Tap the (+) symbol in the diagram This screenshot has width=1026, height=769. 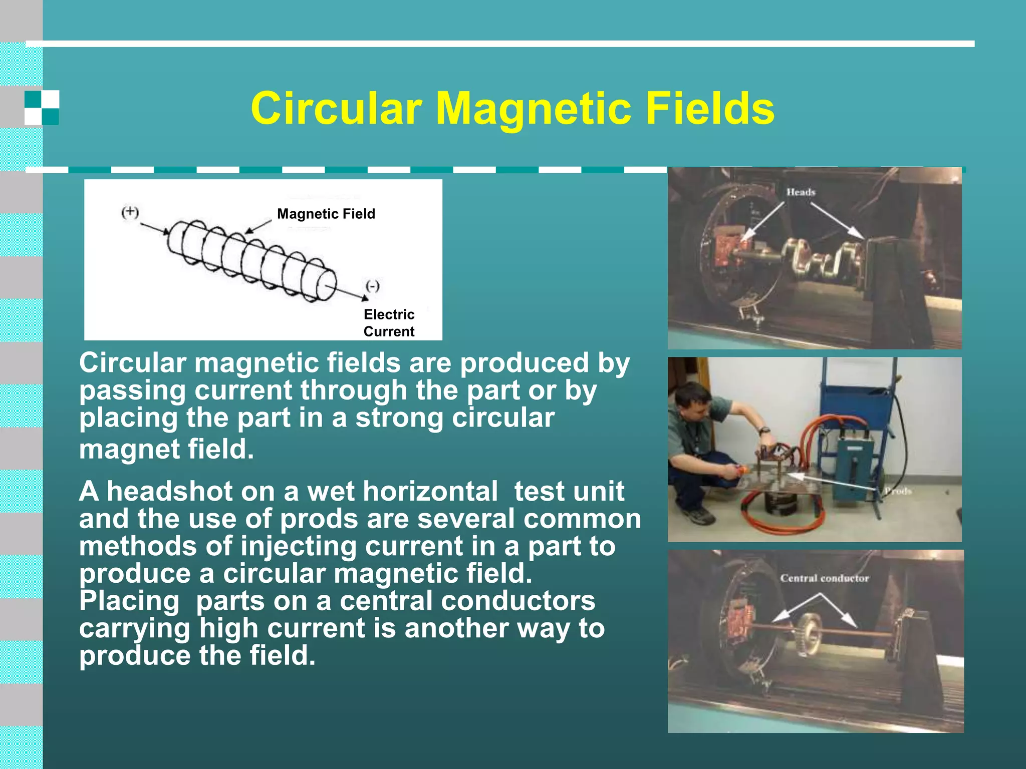click(x=130, y=212)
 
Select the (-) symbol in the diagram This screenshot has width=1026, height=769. click(x=372, y=286)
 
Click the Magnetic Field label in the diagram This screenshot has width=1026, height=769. click(x=326, y=214)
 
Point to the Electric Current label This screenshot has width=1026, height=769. click(x=389, y=323)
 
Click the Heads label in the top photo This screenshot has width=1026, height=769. click(x=801, y=192)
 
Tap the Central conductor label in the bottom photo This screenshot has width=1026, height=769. click(x=824, y=578)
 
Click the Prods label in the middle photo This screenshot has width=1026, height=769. click(x=897, y=491)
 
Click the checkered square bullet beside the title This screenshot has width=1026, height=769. click(x=42, y=108)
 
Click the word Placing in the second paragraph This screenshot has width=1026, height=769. click(x=129, y=601)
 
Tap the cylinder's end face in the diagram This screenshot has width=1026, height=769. click(x=325, y=285)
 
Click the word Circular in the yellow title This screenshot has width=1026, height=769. click(x=336, y=109)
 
